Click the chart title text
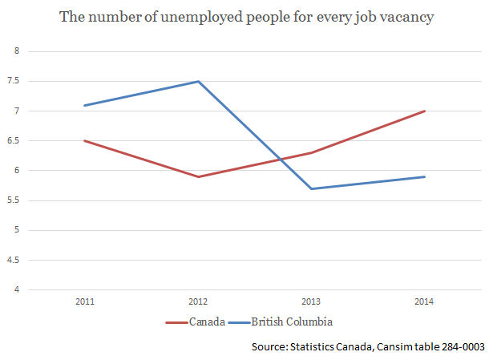point(246,17)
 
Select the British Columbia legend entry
point(290,322)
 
